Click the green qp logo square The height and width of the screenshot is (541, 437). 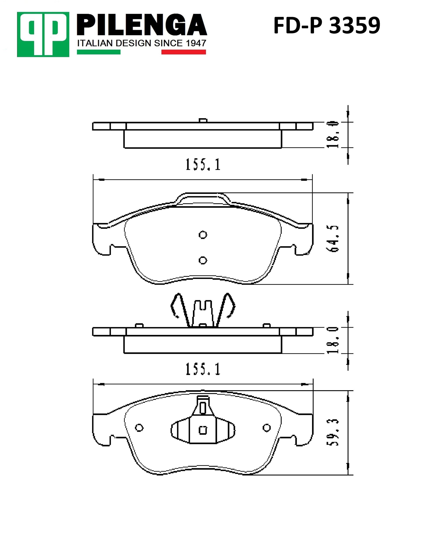click(x=43, y=34)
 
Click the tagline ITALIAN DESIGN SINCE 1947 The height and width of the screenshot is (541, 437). click(x=142, y=43)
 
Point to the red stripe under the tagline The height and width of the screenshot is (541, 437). click(x=184, y=52)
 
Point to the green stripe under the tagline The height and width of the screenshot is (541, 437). click(x=99, y=52)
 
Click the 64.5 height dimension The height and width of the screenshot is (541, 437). click(x=333, y=239)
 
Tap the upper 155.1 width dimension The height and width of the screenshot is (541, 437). click(x=203, y=164)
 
